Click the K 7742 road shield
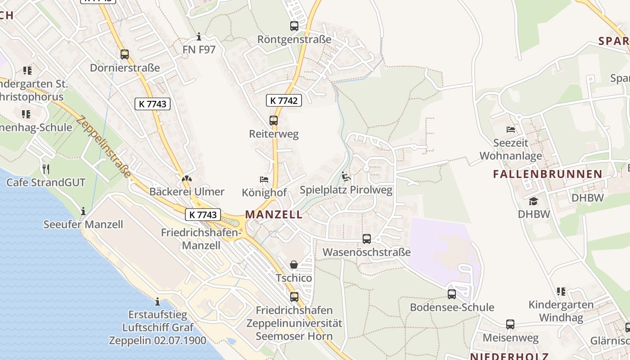click(x=284, y=100)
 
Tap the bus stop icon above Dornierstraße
click(x=125, y=54)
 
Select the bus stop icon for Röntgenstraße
click(x=294, y=26)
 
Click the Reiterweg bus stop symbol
click(x=274, y=121)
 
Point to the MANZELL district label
click(x=274, y=214)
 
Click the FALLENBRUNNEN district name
click(x=548, y=174)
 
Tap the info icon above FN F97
click(x=199, y=36)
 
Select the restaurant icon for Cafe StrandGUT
click(x=45, y=169)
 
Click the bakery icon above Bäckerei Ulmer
click(x=185, y=179)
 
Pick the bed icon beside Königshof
click(x=264, y=180)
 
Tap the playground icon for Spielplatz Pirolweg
click(x=346, y=177)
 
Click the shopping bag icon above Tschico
click(x=294, y=265)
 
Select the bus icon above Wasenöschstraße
click(x=367, y=239)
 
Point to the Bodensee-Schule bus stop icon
click(x=452, y=294)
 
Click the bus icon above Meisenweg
click(x=510, y=324)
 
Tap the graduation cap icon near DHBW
click(x=534, y=201)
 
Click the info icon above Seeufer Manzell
click(x=83, y=211)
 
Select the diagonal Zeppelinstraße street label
click(x=104, y=147)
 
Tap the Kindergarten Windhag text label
click(x=561, y=311)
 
